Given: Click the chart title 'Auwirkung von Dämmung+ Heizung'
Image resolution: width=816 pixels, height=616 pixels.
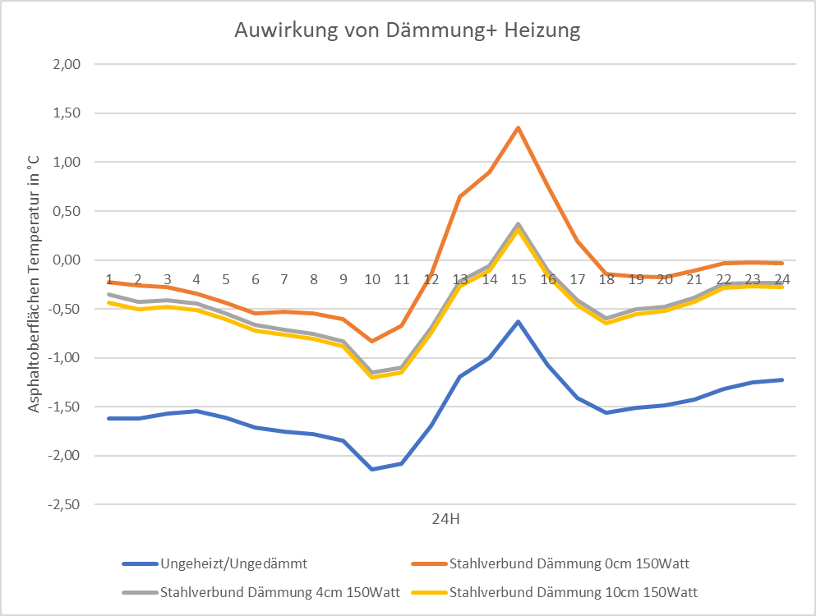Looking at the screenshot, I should (408, 31).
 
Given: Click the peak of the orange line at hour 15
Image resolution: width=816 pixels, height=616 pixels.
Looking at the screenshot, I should (519, 127).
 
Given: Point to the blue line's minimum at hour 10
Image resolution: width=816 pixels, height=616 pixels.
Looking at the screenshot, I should (372, 469).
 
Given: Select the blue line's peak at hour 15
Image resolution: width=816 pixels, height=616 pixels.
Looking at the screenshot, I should (519, 321).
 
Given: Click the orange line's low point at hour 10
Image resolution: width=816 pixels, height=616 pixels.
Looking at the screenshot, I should (372, 341).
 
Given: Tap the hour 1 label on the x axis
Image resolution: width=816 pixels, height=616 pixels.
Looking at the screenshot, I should (108, 279).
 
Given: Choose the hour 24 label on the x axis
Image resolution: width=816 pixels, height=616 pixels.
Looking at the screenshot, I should (781, 279).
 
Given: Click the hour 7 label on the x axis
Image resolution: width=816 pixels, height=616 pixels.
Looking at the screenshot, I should (284, 279).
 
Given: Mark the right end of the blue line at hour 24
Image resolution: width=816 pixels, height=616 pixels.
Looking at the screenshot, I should (782, 379).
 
